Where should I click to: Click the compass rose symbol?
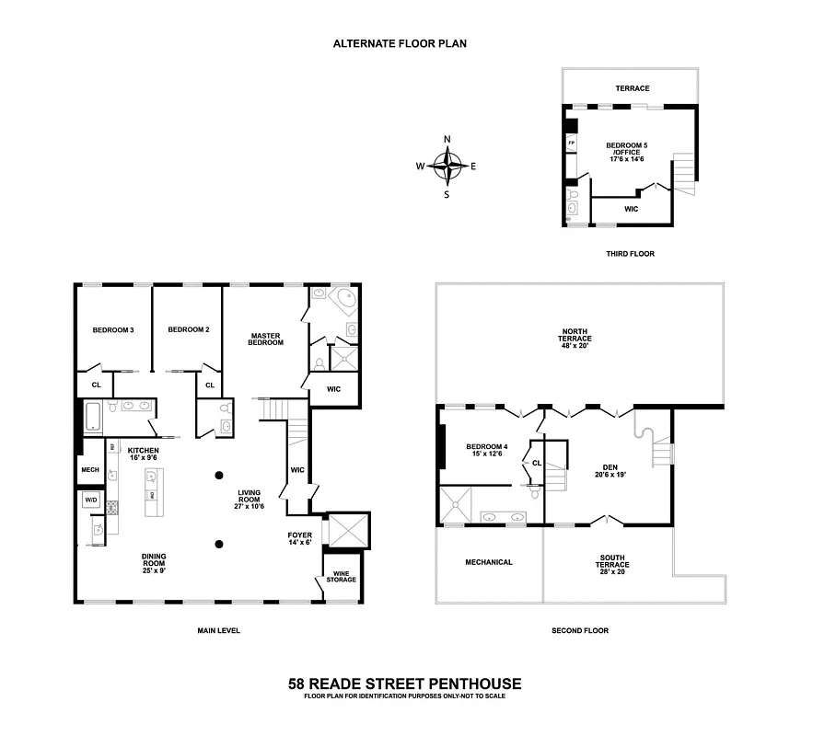coord(447,167)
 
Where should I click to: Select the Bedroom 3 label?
coord(113,329)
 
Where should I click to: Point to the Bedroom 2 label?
coord(189,329)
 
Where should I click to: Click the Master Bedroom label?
coord(265,339)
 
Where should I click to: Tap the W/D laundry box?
coord(91,500)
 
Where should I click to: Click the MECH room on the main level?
coord(90,468)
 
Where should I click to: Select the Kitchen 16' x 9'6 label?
coord(144,454)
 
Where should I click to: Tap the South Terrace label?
coord(612,562)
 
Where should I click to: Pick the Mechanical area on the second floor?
coord(488,562)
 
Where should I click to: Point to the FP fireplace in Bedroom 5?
coord(571,144)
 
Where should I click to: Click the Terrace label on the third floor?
coord(633,88)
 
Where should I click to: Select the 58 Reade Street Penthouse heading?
coord(405,684)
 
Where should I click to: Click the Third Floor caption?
coord(630,253)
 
